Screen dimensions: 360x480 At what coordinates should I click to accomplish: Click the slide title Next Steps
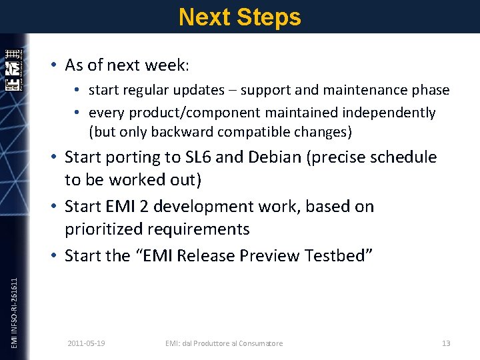pyautogui.click(x=240, y=17)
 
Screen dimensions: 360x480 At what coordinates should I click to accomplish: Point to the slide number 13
pyautogui.click(x=446, y=343)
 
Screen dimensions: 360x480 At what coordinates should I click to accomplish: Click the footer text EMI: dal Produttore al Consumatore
pyautogui.click(x=224, y=343)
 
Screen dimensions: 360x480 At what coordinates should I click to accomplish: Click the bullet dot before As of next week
pyautogui.click(x=53, y=65)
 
